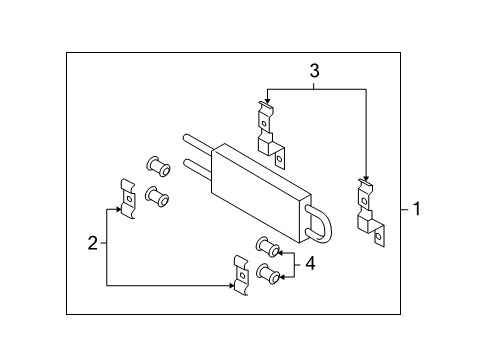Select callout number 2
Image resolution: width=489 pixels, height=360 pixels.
tap(92, 243)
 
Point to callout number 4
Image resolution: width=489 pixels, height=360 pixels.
tap(310, 263)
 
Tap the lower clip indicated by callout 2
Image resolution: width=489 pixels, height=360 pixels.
tap(241, 273)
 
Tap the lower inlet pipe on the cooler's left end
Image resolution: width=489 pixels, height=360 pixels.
tap(196, 166)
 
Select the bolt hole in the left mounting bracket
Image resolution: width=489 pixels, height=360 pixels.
tap(281, 156)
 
